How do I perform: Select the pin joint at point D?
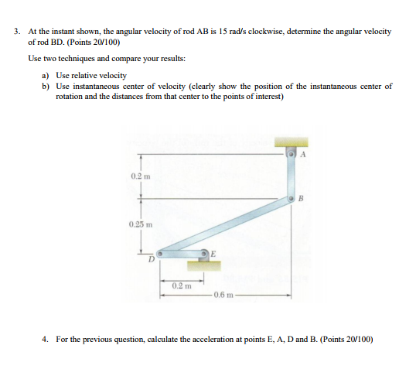(159, 252)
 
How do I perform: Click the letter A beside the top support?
(304, 155)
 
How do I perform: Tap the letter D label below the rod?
(152, 261)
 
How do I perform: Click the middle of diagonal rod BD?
(224, 226)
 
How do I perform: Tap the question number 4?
(46, 338)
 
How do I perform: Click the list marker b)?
(46, 86)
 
